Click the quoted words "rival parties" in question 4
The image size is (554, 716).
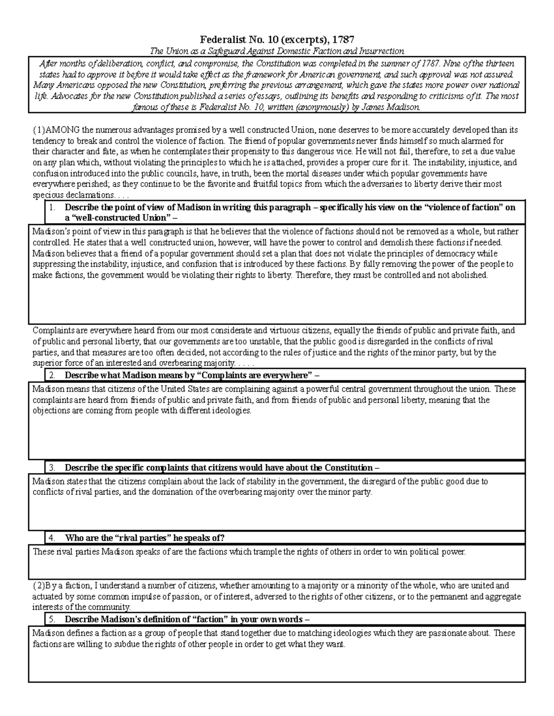click(x=137, y=538)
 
